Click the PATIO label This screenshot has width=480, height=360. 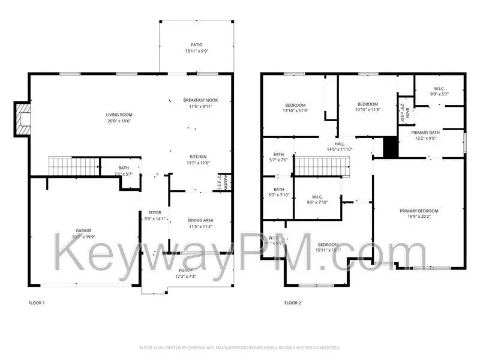tap(196, 45)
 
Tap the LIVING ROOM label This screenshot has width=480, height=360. tap(119, 115)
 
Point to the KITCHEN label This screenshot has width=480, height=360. tap(198, 156)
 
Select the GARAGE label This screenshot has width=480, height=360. tap(83, 230)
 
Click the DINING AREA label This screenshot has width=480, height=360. tap(200, 220)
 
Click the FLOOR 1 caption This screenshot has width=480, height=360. tap(37, 303)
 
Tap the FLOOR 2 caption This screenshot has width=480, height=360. tap(292, 303)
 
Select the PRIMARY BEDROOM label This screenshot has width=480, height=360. tap(419, 211)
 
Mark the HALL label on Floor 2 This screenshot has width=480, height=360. tap(340, 144)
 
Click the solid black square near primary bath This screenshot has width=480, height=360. tap(390, 148)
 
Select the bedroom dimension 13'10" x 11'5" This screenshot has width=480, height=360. tap(295, 110)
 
